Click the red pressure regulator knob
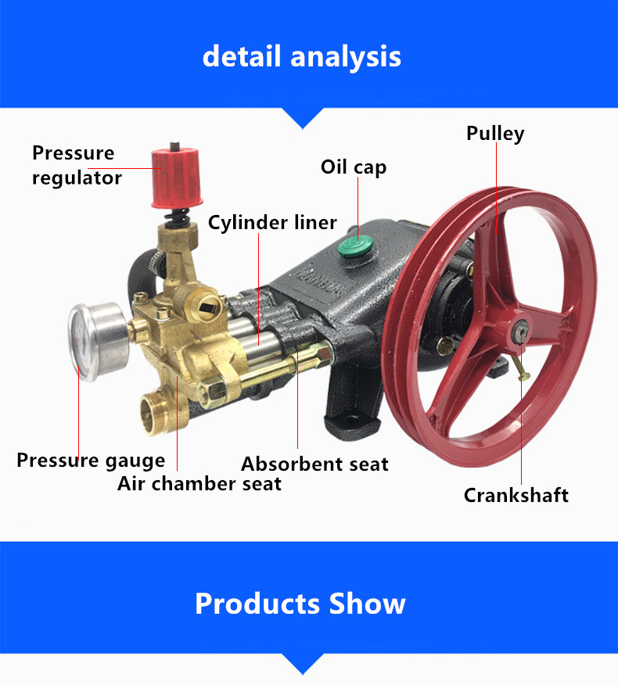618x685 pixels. tap(177, 178)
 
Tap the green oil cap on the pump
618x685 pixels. tap(355, 247)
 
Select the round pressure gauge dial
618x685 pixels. tap(97, 342)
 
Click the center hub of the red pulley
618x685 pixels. tap(520, 331)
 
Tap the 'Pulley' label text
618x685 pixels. tap(495, 134)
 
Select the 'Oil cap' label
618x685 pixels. tap(354, 167)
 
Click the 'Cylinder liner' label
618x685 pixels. tap(272, 222)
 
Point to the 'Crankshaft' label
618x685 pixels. tap(516, 495)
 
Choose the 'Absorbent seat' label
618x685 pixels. tap(314, 464)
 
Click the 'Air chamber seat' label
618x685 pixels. tap(199, 483)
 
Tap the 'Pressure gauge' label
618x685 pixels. tap(91, 461)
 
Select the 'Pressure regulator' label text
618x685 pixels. tap(77, 166)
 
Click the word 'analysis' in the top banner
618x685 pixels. tap(345, 57)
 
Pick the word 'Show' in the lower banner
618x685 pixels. tap(367, 604)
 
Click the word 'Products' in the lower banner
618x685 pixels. tap(258, 604)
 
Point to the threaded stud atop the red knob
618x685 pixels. tap(174, 145)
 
